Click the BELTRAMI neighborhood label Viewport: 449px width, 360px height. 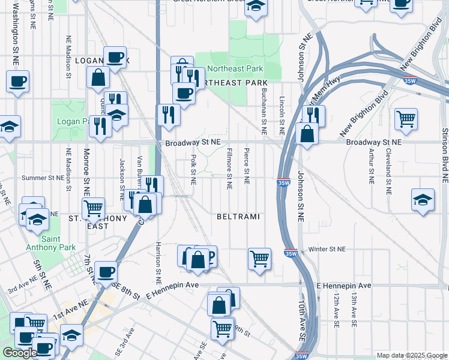238,216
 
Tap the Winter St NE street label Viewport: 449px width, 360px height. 327,249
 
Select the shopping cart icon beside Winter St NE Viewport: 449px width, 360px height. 259,259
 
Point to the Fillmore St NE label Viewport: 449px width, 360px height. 229,170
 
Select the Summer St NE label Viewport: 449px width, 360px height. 43,178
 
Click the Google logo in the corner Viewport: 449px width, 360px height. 20,353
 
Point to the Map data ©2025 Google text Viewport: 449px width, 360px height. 411,355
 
